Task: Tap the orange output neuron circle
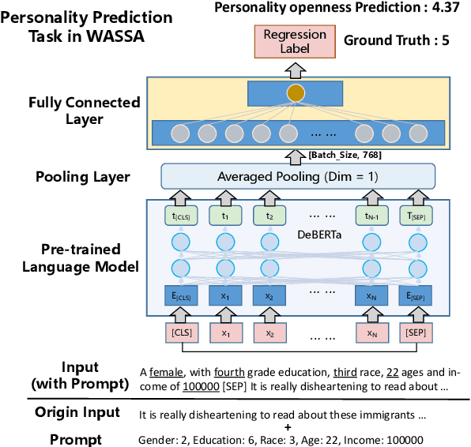pos(296,94)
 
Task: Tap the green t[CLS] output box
pos(181,215)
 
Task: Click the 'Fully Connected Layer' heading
pos(84,110)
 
